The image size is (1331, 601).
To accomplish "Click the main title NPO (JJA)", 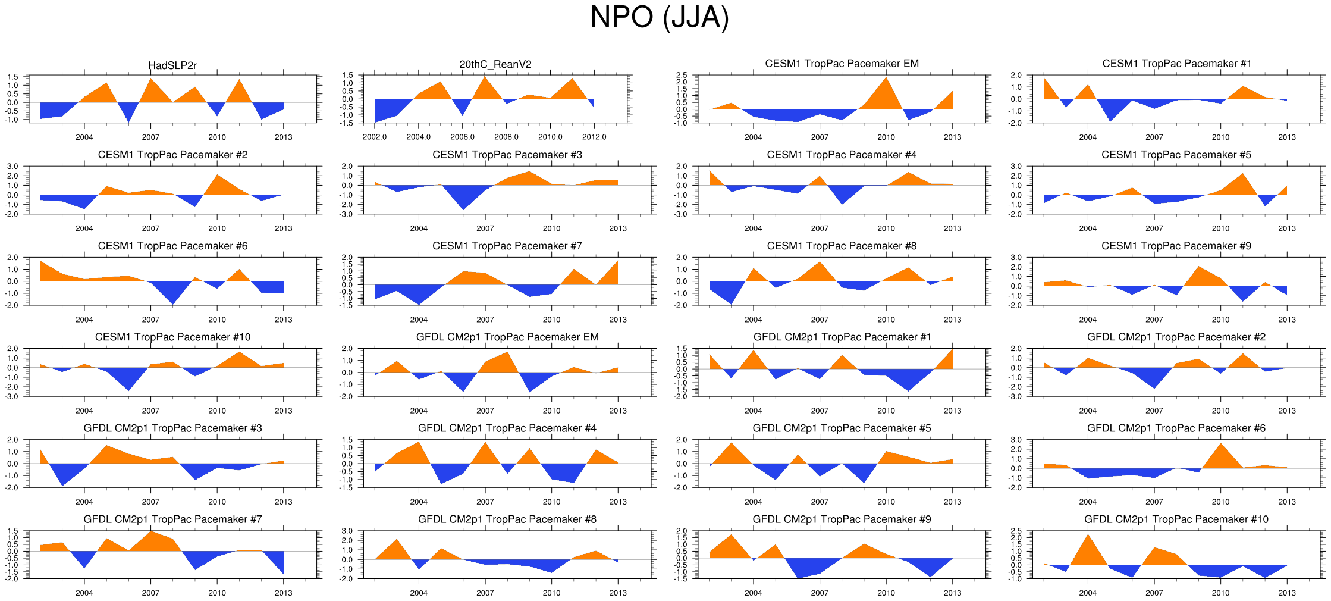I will click(659, 17).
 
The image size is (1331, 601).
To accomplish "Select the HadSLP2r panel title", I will click(172, 65).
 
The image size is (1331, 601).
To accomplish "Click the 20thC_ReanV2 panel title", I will click(495, 64).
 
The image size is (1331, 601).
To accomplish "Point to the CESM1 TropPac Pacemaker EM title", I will click(842, 64).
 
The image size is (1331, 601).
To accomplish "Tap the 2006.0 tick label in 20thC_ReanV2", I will click(462, 137).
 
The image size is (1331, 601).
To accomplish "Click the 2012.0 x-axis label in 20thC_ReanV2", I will click(594, 137).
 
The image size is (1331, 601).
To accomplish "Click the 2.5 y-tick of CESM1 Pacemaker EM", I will click(682, 75).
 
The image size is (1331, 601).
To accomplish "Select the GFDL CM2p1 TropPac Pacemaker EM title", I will click(507, 337).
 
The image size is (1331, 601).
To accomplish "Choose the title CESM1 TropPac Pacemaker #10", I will click(172, 337).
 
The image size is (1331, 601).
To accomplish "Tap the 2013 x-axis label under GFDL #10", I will click(1287, 593).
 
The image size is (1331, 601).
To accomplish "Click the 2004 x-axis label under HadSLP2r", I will click(84, 137).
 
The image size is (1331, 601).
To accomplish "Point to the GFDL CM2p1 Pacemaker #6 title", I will click(1176, 428).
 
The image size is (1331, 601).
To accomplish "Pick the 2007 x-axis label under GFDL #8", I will click(485, 593).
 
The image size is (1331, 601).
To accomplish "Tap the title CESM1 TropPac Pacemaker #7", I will click(507, 246).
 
